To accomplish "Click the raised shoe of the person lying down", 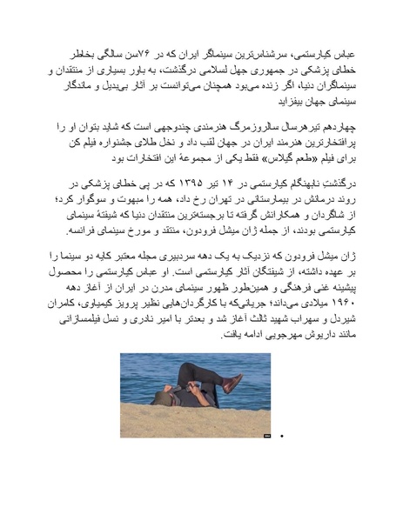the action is click(232, 383).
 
